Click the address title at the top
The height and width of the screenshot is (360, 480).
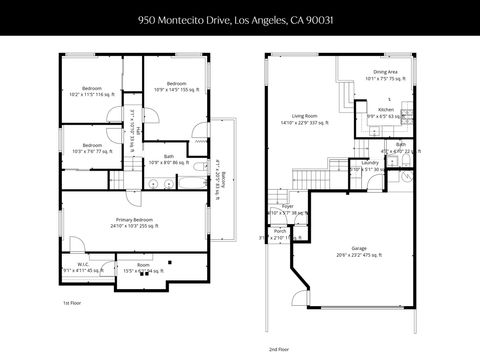coord(239,18)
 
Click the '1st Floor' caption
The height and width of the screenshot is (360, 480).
coord(72,303)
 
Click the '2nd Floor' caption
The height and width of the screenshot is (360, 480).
coord(279,350)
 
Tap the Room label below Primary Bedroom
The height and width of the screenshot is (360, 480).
coord(143,267)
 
